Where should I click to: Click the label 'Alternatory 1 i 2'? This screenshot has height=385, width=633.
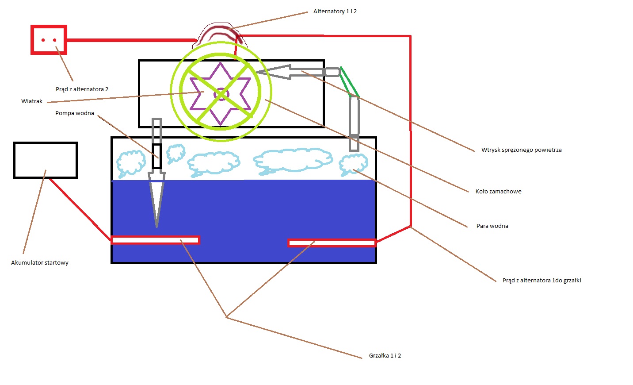[335, 12]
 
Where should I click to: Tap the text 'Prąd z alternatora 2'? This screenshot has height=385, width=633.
[82, 89]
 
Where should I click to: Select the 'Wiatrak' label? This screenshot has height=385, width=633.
[32, 101]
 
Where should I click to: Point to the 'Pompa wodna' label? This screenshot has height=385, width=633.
[75, 113]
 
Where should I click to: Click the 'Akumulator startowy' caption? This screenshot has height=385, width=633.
[40, 262]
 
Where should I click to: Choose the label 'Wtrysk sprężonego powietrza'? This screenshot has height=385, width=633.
[521, 150]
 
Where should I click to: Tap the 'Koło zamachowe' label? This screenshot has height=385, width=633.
[499, 192]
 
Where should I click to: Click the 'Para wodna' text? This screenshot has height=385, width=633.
[492, 226]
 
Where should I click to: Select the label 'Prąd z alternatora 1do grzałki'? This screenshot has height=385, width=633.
[542, 280]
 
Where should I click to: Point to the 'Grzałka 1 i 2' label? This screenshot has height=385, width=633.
[385, 356]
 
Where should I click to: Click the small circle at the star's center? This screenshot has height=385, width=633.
[221, 94]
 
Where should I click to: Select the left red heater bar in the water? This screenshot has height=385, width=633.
[156, 240]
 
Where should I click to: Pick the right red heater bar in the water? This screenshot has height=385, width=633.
[332, 243]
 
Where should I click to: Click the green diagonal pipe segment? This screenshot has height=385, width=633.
[350, 82]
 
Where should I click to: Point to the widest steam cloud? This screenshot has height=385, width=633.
[293, 160]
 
